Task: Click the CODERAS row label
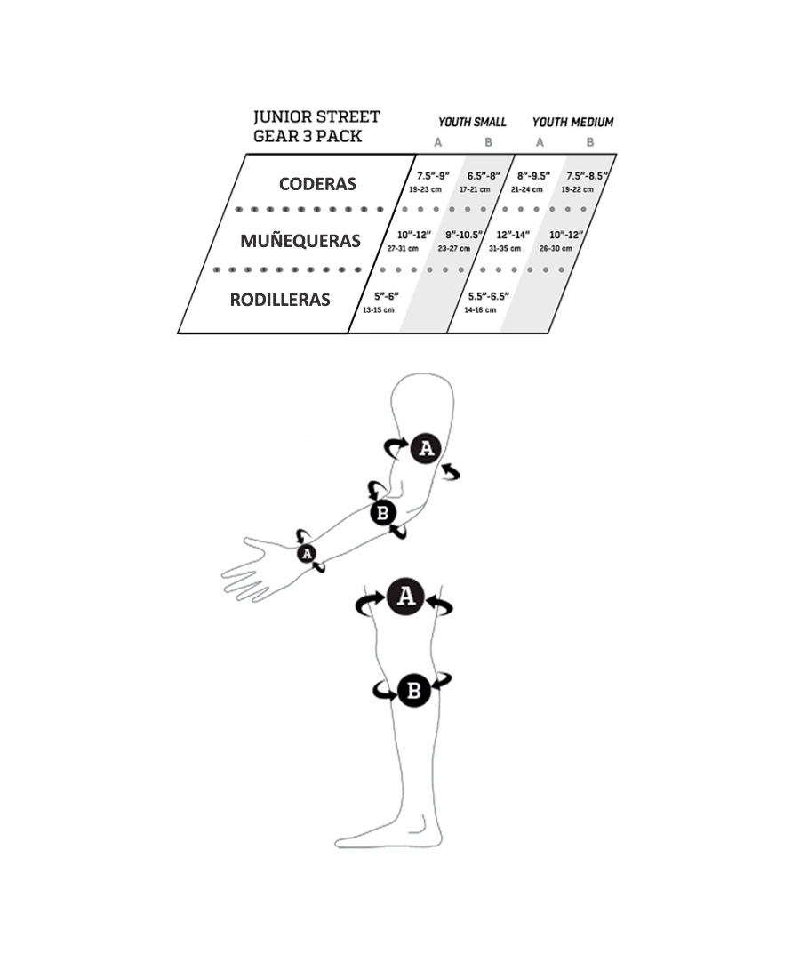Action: coord(317,184)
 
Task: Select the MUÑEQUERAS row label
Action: coord(300,241)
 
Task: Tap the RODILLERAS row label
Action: coord(280,300)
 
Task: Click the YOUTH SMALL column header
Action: coord(472,123)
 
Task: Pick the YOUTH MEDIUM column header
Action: coord(572,123)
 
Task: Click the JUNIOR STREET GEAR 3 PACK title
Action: coord(316,126)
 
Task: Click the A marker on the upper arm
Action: coord(426,448)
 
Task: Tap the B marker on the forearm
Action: coord(383,513)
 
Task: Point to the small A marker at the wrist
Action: coord(306,553)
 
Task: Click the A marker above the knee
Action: coord(406,597)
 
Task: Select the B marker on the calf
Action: coord(414,691)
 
